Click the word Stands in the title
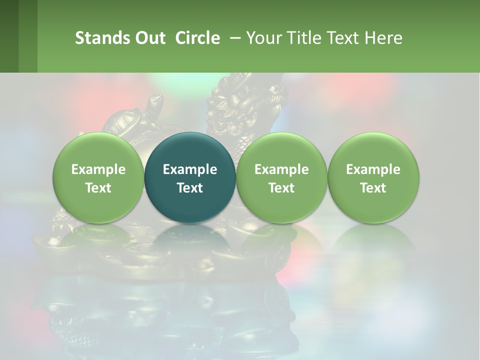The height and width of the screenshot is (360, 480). click(96, 38)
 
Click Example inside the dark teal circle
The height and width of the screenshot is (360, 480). click(190, 169)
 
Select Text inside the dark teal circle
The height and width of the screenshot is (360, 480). click(190, 188)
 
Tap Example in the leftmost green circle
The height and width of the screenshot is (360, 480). click(98, 169)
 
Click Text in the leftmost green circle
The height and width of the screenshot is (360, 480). click(98, 188)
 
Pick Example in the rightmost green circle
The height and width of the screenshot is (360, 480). click(373, 169)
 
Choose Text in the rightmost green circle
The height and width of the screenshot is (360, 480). click(373, 188)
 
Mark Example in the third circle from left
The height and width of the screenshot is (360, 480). click(281, 169)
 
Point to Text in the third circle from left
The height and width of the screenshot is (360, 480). click(281, 188)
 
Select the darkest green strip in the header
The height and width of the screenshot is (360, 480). click(9, 36)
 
